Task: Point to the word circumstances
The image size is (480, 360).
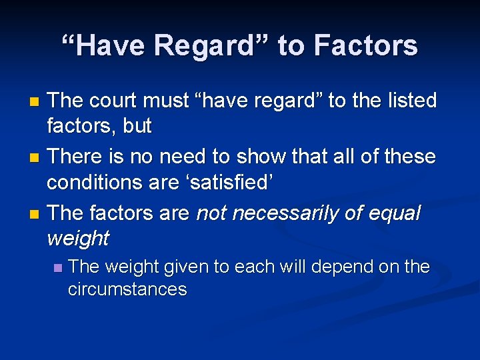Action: pos(127,289)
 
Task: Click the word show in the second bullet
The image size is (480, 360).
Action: pos(251,157)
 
